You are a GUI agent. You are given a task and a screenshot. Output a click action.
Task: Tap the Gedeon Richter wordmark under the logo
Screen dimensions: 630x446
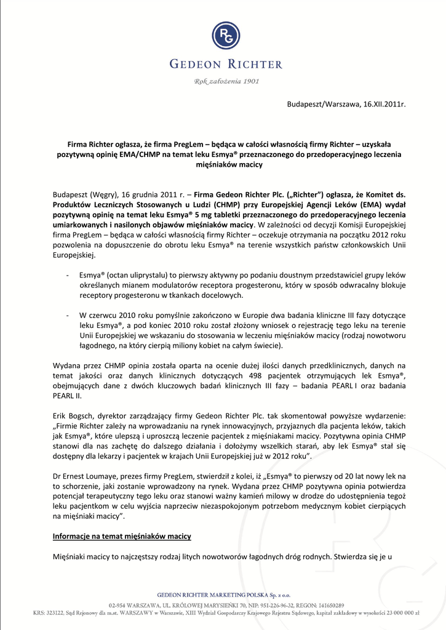coord(226,64)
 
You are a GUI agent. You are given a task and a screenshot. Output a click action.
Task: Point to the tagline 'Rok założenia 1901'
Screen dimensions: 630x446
coord(226,81)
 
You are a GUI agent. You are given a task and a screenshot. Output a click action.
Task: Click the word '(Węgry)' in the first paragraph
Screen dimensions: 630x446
coord(104,194)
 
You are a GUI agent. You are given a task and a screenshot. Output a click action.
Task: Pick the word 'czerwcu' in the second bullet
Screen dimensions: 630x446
coord(106,315)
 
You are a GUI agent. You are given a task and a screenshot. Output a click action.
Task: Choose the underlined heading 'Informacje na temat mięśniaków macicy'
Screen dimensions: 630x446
coord(122,536)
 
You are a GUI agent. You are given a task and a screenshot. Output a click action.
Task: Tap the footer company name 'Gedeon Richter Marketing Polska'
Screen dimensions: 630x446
coord(217,595)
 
